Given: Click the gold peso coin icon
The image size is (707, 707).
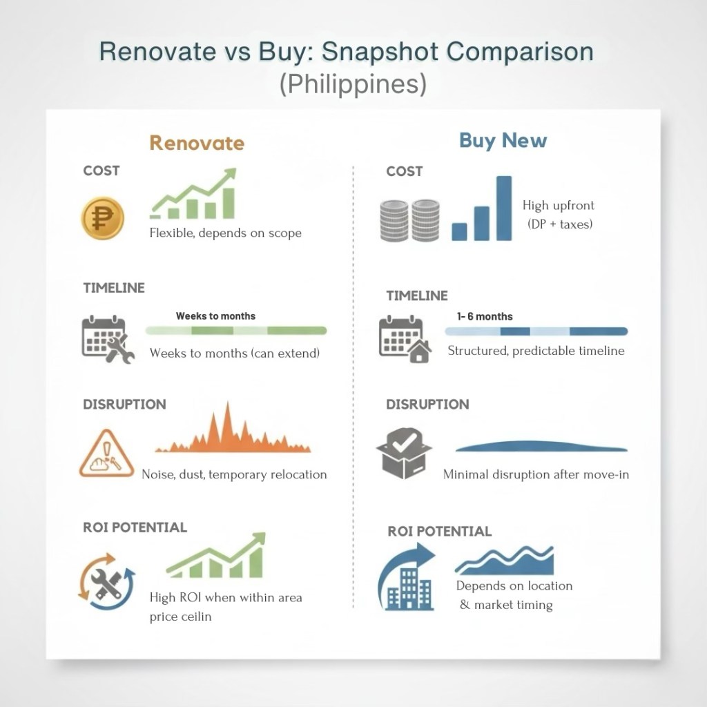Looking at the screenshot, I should (x=103, y=217).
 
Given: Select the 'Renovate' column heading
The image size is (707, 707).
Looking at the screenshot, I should (x=197, y=143).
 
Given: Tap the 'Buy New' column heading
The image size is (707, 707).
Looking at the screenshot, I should (x=503, y=141).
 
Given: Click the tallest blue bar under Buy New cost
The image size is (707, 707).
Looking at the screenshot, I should (x=504, y=209).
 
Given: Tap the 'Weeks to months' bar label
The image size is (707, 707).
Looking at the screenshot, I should (x=215, y=316).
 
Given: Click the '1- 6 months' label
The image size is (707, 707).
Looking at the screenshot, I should (x=485, y=316).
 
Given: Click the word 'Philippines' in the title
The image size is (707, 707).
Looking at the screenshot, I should (x=353, y=84).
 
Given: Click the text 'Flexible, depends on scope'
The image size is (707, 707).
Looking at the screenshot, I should (x=226, y=233).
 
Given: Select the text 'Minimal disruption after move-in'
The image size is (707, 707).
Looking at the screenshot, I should (x=536, y=474).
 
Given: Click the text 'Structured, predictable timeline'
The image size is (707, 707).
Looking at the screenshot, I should (x=536, y=351).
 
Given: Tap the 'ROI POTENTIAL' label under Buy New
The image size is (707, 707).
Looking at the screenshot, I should (x=439, y=531).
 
